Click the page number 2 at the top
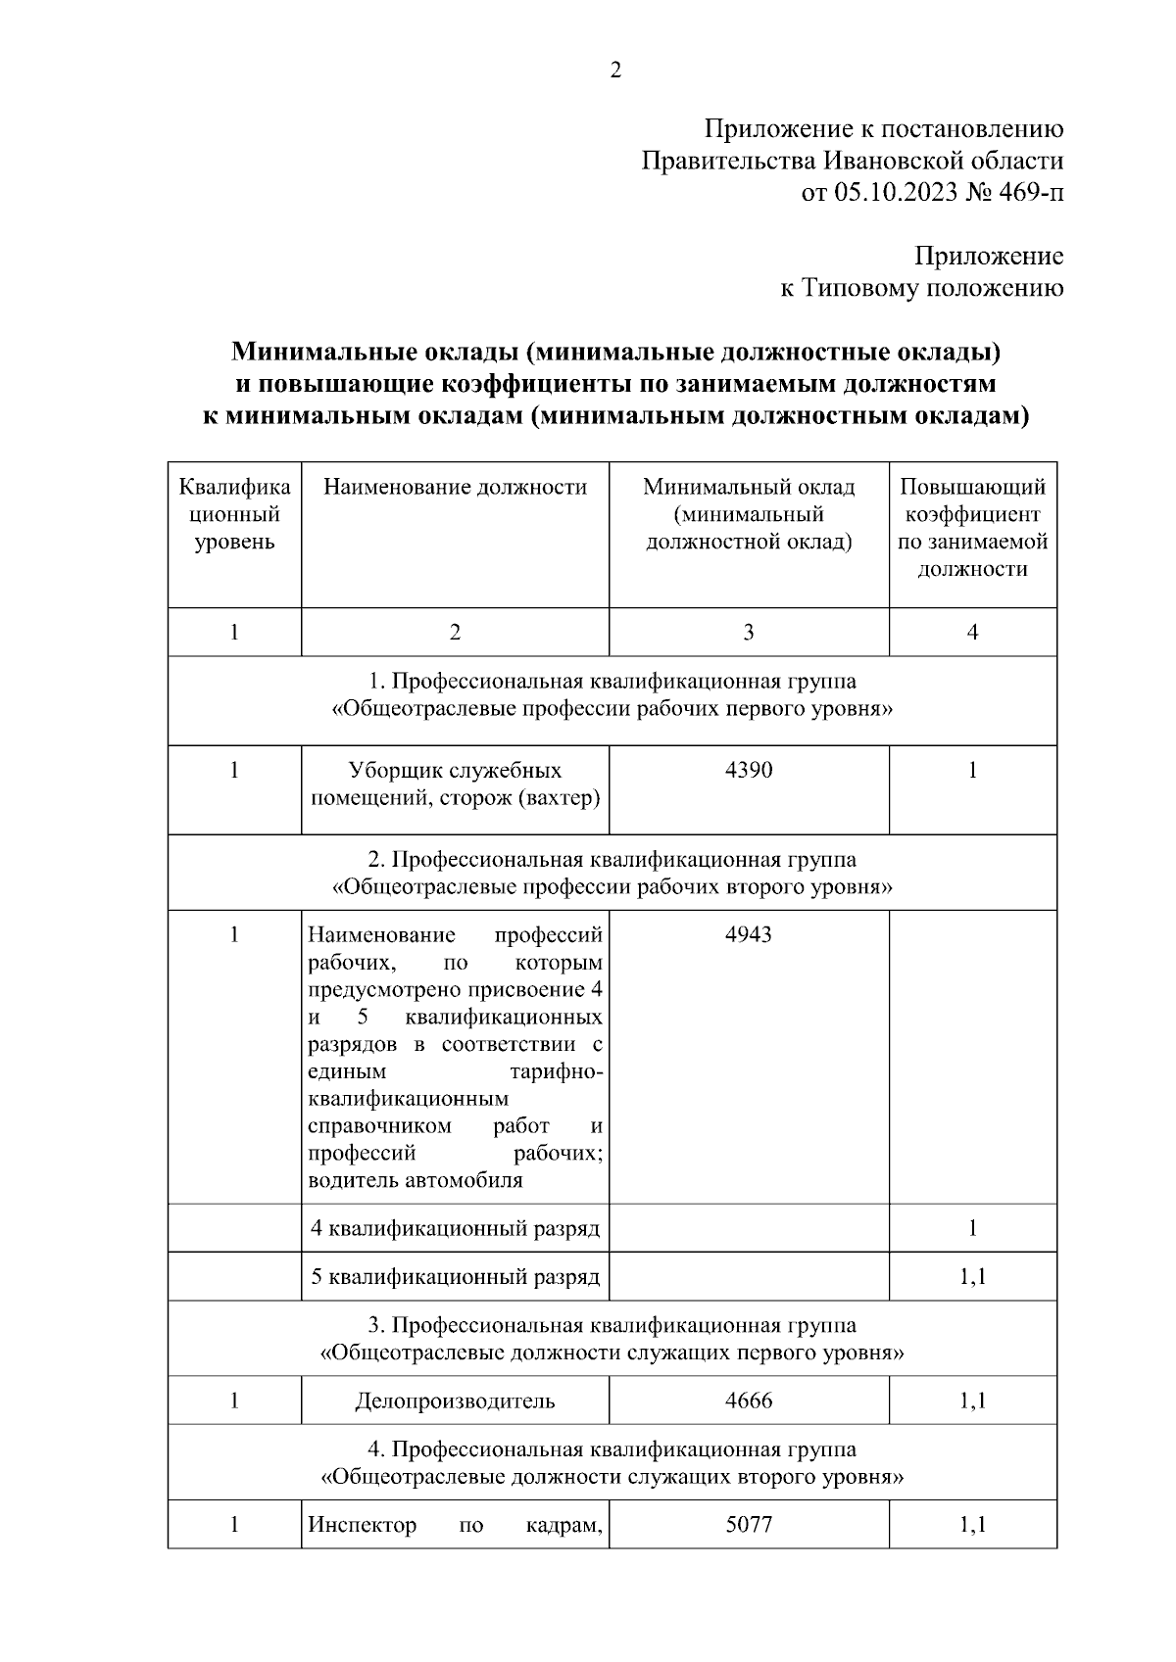click(x=615, y=71)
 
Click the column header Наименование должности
click(x=455, y=487)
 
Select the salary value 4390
click(x=749, y=771)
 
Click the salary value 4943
click(x=749, y=934)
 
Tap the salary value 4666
click(x=749, y=1401)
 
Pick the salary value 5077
click(x=749, y=1525)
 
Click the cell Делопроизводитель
click(x=455, y=1401)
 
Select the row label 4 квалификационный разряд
click(x=455, y=1228)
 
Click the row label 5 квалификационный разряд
click(x=455, y=1277)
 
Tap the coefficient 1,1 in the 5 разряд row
click(x=972, y=1277)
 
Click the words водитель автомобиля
click(x=416, y=1180)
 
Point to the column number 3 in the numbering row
click(x=749, y=633)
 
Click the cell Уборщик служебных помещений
click(x=455, y=784)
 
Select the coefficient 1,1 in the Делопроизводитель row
click(x=972, y=1401)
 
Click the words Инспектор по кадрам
click(x=455, y=1525)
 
